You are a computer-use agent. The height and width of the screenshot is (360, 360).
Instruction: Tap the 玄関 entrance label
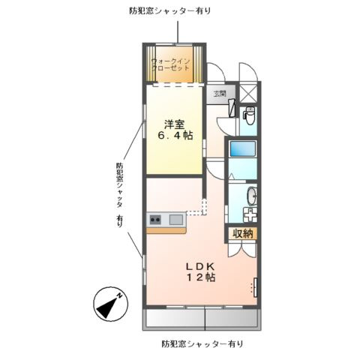coord(219,94)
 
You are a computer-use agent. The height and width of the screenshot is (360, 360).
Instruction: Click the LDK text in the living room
coord(201,265)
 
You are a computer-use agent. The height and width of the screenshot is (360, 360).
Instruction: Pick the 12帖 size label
coord(201,278)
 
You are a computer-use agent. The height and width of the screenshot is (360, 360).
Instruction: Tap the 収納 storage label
coord(243,234)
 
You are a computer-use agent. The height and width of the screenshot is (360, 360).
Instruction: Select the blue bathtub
coord(243,148)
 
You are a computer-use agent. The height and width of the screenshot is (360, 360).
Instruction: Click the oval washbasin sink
coord(251,197)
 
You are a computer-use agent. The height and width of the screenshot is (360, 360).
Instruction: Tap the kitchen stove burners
coord(155,219)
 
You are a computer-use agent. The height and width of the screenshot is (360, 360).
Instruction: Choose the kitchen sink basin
coord(175,219)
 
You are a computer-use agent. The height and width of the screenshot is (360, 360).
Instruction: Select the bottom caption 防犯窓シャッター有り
coord(201,344)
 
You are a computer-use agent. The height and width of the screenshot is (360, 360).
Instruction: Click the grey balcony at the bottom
coord(202,319)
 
